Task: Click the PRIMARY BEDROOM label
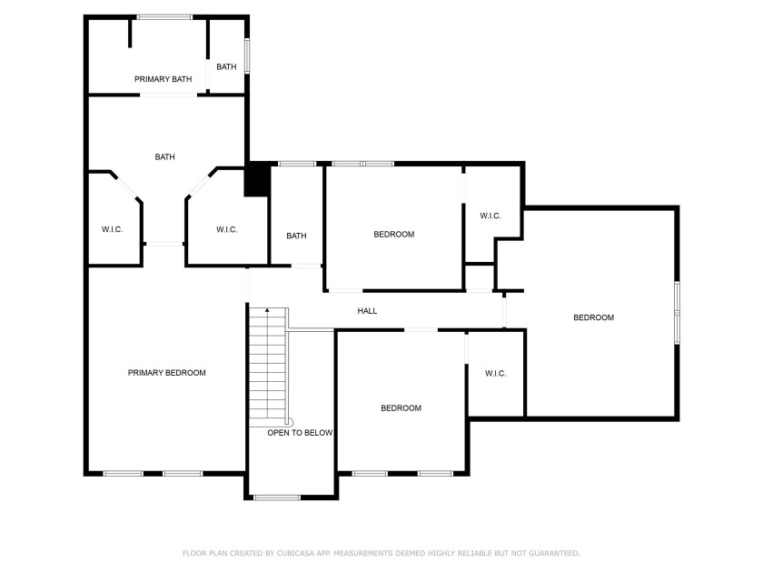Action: point(166,373)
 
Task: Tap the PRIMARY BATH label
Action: point(163,79)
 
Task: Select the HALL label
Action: point(367,311)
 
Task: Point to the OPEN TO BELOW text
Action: point(300,433)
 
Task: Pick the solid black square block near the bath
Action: point(257,179)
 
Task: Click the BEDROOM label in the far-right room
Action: point(594,317)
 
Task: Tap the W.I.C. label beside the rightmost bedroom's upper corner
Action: point(490,216)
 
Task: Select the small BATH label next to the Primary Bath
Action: point(226,66)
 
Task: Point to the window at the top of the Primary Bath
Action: point(164,17)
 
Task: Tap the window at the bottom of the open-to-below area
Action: point(277,498)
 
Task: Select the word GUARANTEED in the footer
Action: point(555,553)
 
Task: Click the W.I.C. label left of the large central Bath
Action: point(112,229)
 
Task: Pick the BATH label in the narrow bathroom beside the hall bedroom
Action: point(296,236)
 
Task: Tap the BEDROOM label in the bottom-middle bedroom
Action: point(401,408)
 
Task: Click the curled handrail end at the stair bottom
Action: point(290,421)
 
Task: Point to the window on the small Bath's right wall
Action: point(247,56)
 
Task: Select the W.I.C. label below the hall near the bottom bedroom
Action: point(495,374)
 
